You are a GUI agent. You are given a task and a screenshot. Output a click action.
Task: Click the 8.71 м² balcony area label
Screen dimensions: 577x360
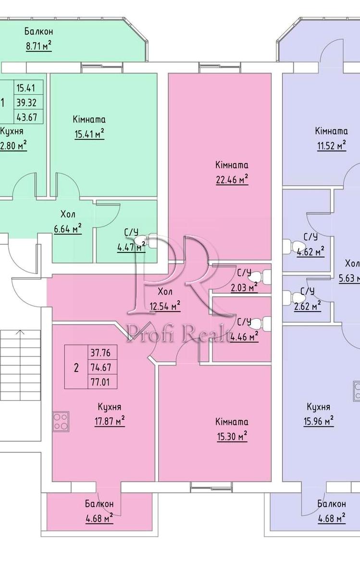point(38,47)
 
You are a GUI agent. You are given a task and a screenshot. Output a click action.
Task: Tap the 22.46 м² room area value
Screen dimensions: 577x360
point(232,180)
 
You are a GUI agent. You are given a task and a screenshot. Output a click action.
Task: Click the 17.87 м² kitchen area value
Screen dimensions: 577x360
point(110,421)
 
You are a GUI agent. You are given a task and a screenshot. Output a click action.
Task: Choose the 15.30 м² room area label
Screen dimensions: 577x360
point(232,437)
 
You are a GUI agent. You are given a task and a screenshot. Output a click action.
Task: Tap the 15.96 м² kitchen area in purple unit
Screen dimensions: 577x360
point(319,421)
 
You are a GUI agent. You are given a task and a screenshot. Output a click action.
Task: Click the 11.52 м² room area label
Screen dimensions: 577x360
point(331,146)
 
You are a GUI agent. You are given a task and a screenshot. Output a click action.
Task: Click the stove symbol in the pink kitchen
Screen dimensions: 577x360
point(61,421)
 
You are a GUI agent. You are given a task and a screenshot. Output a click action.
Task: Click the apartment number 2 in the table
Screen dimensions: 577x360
point(76,368)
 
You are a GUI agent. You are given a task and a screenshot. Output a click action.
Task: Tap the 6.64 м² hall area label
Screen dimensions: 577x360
point(68,229)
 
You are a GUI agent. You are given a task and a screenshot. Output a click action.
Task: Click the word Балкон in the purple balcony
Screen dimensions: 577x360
point(331,504)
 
